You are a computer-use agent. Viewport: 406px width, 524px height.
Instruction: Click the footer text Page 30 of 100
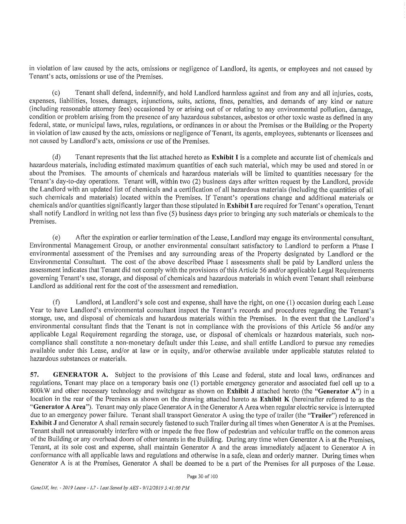coord(202,476)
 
